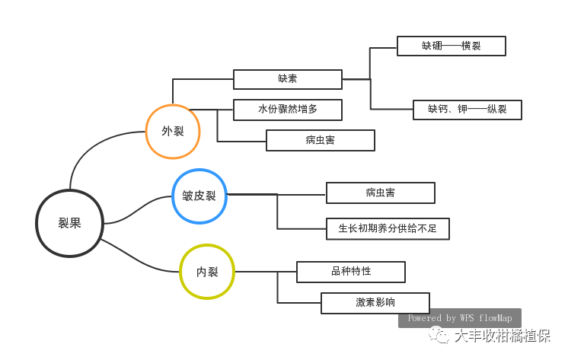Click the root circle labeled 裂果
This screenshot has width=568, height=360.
tap(69, 223)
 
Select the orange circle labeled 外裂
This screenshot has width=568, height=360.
tap(173, 132)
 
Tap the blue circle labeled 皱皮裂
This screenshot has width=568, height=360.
tap(199, 196)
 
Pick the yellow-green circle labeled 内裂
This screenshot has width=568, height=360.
tap(207, 272)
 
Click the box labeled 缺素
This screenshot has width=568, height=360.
tap(287, 79)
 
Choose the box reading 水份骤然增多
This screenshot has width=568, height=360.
tap(287, 110)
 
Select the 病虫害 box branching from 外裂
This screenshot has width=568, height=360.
tap(320, 140)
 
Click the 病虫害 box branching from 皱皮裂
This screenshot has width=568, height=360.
tap(380, 193)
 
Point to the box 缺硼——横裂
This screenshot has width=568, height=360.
tap(451, 46)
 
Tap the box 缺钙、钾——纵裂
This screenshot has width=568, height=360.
tap(467, 110)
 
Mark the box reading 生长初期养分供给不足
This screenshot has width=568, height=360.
tap(388, 228)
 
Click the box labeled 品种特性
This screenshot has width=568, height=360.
tap(350, 272)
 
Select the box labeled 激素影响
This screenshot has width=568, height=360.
tap(375, 303)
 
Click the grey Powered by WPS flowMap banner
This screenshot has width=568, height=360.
tap(459, 318)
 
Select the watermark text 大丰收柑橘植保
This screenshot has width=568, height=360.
tap(503, 336)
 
